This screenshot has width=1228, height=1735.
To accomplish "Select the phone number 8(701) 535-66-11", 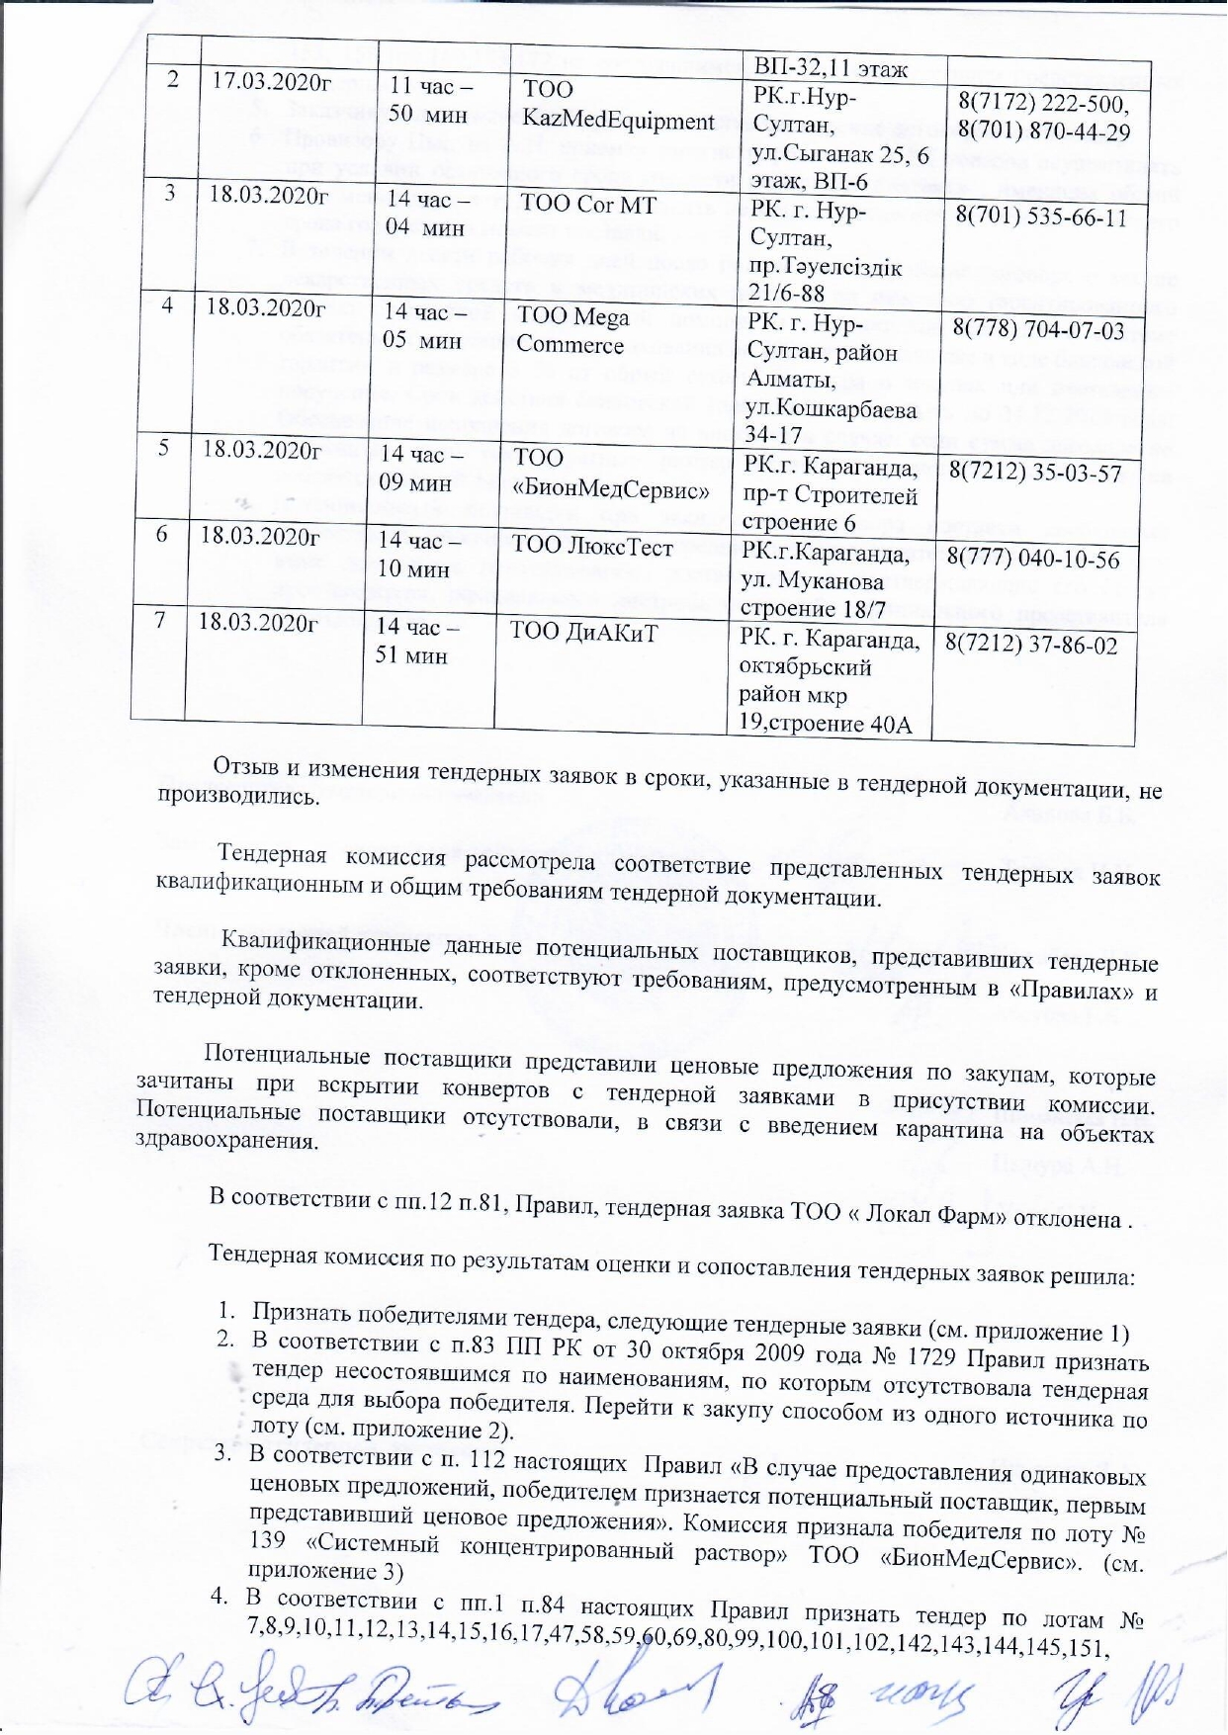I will (x=1041, y=217).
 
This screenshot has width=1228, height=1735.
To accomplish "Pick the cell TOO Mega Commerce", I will (x=572, y=330).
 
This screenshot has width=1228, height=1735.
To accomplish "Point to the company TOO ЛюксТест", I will (x=591, y=547).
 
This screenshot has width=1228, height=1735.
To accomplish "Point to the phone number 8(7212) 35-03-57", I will (x=1035, y=473).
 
